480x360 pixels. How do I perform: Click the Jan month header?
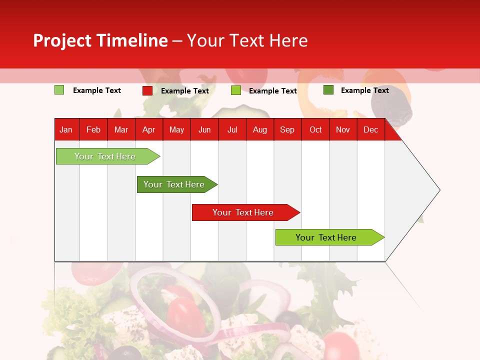pos(66,130)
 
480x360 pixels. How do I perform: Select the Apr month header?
pos(149,130)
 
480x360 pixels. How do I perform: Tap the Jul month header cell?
pos(232,130)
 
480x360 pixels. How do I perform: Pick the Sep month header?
pos(287,130)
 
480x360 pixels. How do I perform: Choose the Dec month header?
pos(370,130)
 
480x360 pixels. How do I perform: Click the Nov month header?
pos(343,130)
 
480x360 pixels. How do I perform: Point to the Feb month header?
pos(93,130)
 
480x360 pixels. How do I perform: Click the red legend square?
pos(147,90)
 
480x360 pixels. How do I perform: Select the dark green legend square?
pos(328,90)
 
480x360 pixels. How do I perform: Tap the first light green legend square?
pos(59,90)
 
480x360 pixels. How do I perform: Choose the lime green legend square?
pos(236,90)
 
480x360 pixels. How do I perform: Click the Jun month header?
pos(204,130)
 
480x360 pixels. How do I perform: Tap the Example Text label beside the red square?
pos(185,91)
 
